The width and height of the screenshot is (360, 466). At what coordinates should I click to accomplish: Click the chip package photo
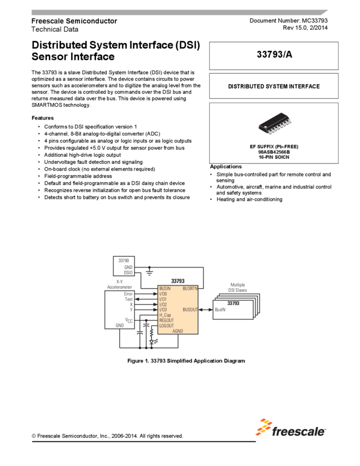(x=275, y=126)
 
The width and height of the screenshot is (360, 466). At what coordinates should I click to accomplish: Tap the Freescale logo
(x=290, y=427)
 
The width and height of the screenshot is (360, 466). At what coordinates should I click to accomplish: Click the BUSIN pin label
(x=165, y=288)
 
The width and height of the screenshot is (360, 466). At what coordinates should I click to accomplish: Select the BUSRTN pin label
(x=190, y=288)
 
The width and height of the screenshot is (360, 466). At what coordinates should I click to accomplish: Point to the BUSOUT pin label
(x=190, y=310)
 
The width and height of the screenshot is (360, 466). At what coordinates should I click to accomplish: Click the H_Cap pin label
(x=165, y=315)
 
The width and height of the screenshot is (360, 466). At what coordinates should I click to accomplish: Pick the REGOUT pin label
(x=166, y=321)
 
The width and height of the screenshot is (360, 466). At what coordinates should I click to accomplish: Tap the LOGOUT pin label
(x=166, y=326)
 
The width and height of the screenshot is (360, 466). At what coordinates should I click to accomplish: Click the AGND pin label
(x=178, y=331)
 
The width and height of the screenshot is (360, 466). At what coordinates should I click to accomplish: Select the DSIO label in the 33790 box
(x=128, y=272)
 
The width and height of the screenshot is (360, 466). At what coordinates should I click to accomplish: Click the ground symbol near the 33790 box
(x=150, y=270)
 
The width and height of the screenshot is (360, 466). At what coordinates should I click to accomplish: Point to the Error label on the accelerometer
(x=128, y=294)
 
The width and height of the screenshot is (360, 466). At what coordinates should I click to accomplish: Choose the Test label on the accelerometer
(x=129, y=299)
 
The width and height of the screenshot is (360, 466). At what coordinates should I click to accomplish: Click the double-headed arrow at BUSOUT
(x=205, y=310)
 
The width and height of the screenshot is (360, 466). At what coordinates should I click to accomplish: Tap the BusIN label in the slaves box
(x=220, y=310)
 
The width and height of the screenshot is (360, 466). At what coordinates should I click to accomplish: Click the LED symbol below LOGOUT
(x=152, y=342)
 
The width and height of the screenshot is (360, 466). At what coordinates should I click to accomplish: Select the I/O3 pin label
(x=163, y=310)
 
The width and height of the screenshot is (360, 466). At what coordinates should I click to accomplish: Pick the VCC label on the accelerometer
(x=129, y=320)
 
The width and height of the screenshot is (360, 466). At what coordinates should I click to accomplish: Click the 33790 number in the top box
(x=124, y=260)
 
